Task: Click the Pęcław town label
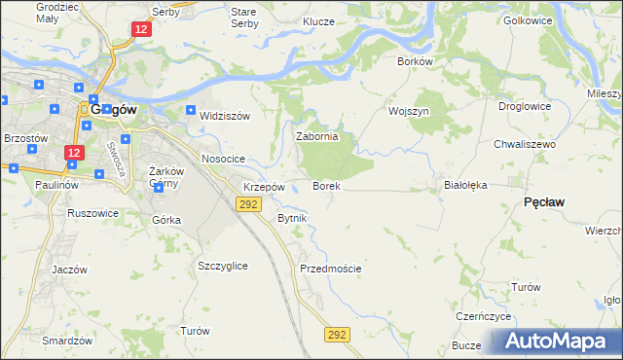pos(545,200)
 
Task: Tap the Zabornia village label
pos(316,137)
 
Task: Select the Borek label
pos(325,185)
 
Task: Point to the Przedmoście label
pos(330,269)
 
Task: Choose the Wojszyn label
pos(409,111)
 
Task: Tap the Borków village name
pos(415,60)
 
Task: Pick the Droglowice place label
pos(525,106)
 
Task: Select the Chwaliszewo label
pos(524,144)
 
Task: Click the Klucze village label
pos(318,21)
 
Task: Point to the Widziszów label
pos(225,116)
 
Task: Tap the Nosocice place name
pos(222,158)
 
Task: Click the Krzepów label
pos(264,187)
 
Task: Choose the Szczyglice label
pos(222,266)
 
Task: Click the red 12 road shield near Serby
pos(142,31)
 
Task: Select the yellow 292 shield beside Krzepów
pos(247,203)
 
